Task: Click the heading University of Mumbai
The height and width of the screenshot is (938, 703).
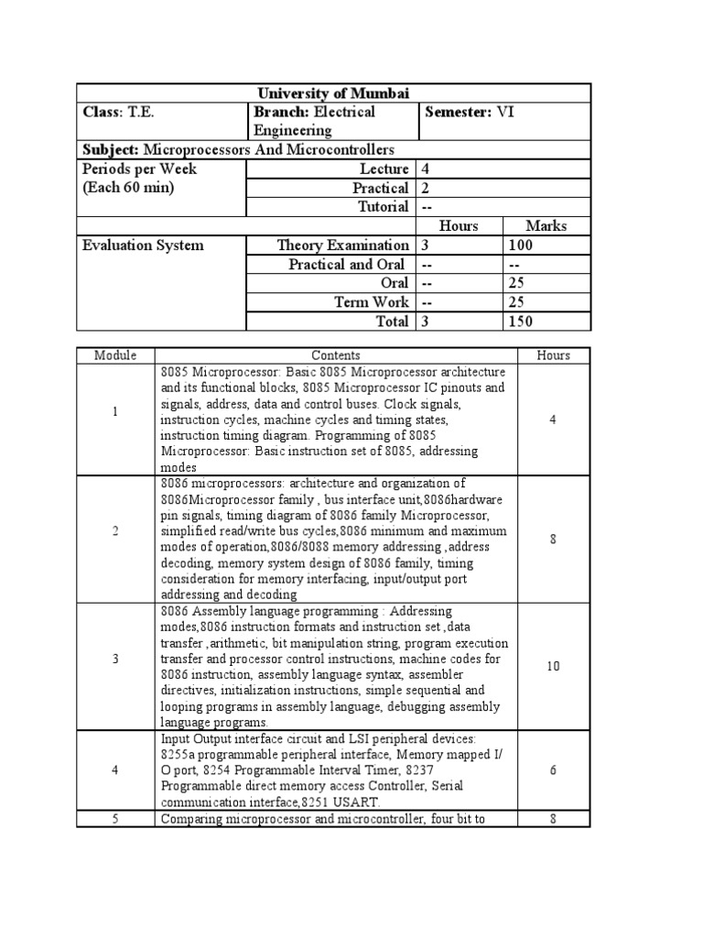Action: coord(333,93)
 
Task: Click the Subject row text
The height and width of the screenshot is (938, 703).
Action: coord(238,149)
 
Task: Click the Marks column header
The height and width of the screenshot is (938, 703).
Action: coord(546,225)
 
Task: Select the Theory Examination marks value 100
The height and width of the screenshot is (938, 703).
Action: coord(521,245)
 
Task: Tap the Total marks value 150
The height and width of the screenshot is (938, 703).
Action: coord(521,322)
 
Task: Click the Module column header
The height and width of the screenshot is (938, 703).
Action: coord(115,355)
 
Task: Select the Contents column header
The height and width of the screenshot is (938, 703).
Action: coord(336,355)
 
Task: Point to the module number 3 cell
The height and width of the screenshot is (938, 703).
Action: coord(115,666)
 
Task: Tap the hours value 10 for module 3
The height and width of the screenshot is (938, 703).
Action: coord(553,666)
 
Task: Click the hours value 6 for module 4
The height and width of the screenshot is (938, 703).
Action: coord(553,770)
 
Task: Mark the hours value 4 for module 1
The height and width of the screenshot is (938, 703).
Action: coord(553,420)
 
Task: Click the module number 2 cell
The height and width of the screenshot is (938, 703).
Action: coord(115,539)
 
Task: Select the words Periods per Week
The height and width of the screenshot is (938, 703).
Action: coord(139,169)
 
